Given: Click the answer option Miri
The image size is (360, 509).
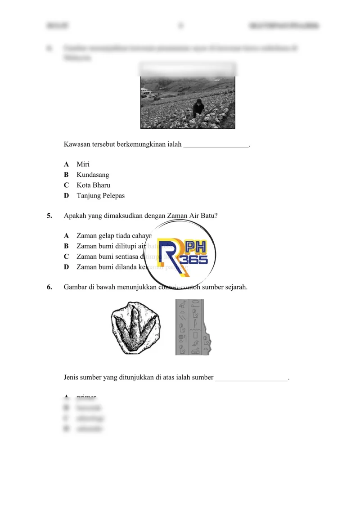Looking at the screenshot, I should click(x=83, y=164).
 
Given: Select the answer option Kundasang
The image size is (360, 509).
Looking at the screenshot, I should click(x=93, y=175).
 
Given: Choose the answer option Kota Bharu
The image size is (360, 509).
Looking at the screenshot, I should click(x=93, y=185).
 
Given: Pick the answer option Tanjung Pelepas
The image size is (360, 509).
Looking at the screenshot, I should click(x=100, y=196).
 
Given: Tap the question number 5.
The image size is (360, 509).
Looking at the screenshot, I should click(x=49, y=216).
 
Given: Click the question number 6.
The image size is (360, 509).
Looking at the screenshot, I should click(x=49, y=287).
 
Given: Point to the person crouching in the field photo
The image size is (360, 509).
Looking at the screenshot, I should click(x=198, y=109).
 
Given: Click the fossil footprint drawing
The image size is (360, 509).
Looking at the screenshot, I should click(x=135, y=327).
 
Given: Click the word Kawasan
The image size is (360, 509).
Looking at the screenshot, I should click(x=78, y=145).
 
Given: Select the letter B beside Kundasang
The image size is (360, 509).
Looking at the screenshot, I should click(x=66, y=175).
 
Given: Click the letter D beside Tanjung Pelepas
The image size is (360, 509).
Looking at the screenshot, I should click(x=66, y=196).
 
